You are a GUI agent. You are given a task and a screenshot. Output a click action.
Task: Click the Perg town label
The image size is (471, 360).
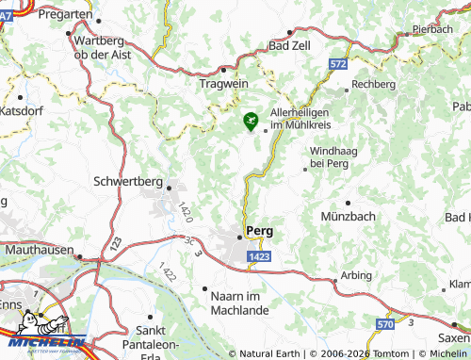259,230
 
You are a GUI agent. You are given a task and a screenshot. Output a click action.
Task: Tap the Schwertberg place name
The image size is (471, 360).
129,181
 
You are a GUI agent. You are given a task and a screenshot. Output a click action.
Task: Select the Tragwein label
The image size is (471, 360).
223,83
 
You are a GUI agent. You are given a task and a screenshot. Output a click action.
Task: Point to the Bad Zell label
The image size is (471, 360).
291,44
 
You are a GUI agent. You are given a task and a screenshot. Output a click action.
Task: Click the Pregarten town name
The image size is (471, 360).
66,15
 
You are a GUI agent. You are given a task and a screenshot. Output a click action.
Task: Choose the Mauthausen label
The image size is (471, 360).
39,251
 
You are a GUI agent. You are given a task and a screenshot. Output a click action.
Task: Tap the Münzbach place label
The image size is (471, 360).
348,216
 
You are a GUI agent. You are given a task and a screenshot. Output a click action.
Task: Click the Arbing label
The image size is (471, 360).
356,276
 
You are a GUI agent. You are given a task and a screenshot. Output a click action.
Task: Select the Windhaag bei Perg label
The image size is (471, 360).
329,156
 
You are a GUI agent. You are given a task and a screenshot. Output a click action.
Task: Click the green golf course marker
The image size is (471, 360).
250,121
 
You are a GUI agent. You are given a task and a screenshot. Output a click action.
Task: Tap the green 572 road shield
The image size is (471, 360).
338,63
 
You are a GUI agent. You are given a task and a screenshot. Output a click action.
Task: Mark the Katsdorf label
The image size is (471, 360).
24,110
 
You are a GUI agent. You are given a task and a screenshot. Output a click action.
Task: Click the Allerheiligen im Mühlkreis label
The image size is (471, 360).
303,118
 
